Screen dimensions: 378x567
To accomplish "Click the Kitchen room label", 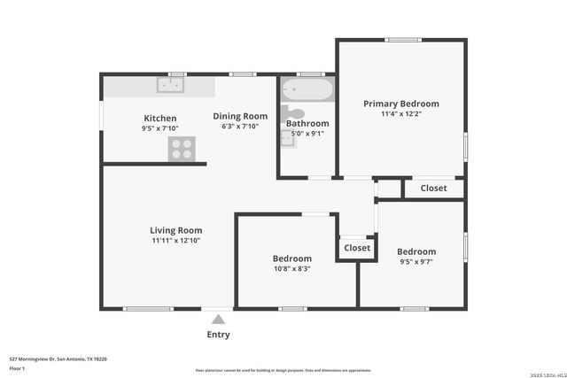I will point(160,118).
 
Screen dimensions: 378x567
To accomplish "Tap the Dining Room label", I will point(240,116).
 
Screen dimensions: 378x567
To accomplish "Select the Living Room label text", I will point(176,230).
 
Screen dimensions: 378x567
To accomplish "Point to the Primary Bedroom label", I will point(401,104).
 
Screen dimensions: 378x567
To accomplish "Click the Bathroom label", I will point(307,123).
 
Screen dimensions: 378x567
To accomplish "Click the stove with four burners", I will point(182,150).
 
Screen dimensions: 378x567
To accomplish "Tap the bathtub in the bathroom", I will point(307,90).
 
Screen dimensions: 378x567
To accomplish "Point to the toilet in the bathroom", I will point(293,113).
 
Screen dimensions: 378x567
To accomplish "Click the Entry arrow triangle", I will point(218,320).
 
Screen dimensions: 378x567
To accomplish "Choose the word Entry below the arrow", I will point(218,335).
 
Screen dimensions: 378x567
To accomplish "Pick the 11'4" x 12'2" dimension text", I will point(401,114).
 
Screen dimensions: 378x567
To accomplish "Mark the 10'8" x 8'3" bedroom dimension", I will point(291,268).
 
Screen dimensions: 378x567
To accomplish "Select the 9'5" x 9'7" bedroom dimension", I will point(416,262).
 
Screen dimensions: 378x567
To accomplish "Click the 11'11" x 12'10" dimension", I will point(176,241).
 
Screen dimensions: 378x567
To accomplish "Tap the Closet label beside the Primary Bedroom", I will point(433,188).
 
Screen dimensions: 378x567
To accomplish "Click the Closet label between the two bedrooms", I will point(357,248).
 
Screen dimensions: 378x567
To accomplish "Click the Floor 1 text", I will point(17,367).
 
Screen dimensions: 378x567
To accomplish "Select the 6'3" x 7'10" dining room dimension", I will point(240,127).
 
